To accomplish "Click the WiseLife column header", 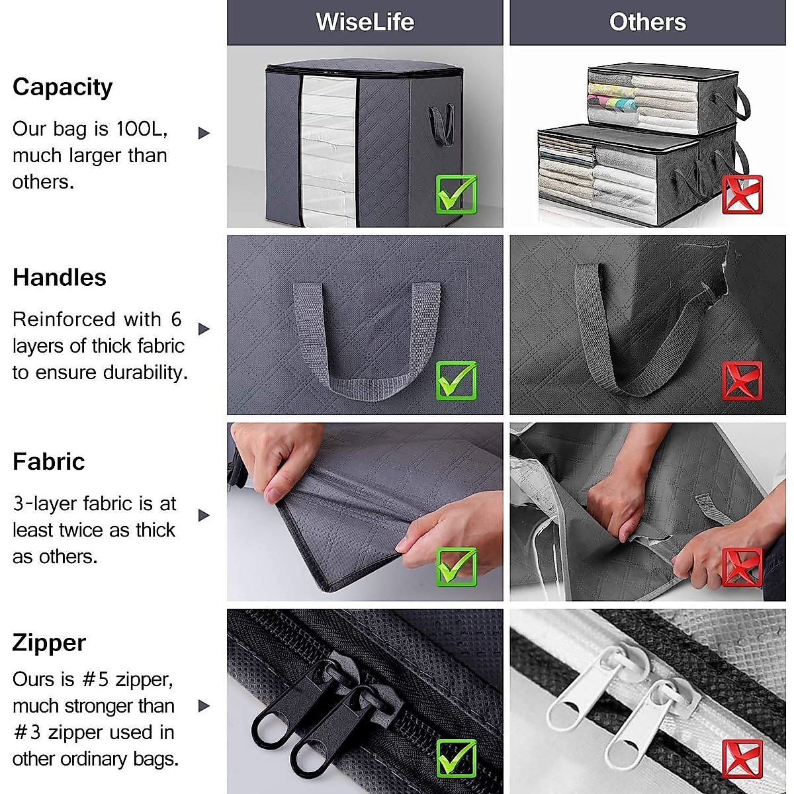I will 365,22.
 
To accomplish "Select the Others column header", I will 647,22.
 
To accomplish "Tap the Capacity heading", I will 63,87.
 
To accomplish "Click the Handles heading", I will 60,277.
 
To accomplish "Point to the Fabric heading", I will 49,461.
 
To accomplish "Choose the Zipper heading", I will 50,642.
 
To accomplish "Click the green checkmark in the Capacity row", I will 457,194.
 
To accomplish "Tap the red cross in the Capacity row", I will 742,195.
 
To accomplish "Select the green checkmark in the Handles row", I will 457,380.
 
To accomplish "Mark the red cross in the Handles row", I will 742,380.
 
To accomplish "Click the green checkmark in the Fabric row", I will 457,567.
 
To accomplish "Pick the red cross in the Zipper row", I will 742,758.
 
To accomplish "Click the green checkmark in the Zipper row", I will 457,758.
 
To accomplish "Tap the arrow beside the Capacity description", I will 204,133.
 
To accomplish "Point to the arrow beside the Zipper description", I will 204,706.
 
